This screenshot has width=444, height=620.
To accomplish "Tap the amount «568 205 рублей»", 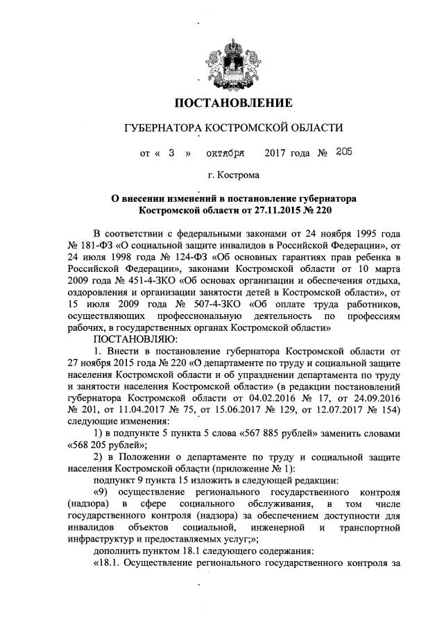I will coord(103,446).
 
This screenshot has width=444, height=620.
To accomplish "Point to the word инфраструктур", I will coord(101,540).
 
